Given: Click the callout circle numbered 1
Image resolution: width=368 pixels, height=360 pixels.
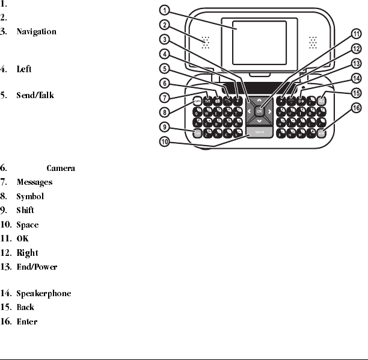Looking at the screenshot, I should click(165, 10).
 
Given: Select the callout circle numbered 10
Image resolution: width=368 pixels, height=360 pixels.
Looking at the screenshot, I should click(165, 142).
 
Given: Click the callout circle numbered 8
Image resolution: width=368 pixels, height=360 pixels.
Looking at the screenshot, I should click(165, 111).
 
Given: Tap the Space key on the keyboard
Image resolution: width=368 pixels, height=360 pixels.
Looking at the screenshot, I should click(259, 131).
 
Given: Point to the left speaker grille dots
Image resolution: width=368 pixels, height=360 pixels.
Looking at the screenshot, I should click(206, 42).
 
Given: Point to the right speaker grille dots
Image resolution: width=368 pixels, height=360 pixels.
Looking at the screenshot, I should click(313, 42).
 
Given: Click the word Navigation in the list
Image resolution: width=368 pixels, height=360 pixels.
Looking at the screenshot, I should click(37, 31).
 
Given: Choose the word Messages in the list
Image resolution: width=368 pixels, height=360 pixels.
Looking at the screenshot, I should click(34, 182).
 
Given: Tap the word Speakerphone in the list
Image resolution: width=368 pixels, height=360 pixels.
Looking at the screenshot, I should click(43, 293).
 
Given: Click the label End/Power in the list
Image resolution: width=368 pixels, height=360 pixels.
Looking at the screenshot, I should click(37, 267).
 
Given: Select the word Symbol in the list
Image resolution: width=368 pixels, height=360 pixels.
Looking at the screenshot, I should click(30, 196).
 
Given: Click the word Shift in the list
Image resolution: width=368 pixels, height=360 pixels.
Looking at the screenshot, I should click(25, 211).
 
